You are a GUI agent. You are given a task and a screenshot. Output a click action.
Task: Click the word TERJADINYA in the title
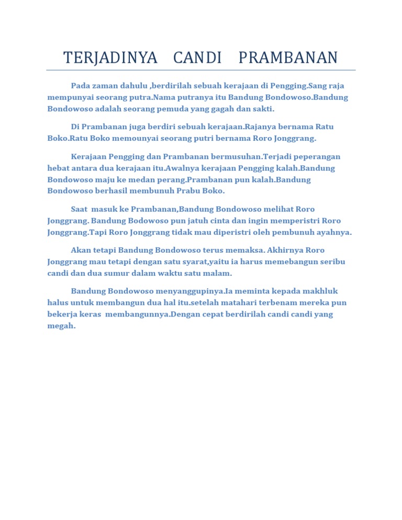point(110,58)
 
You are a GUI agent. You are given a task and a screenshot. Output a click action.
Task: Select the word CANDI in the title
point(198,58)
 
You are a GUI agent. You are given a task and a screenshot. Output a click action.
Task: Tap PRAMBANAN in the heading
point(288,58)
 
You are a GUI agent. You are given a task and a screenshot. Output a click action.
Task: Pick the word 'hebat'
point(58,168)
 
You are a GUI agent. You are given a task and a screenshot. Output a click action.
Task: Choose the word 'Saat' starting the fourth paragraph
point(79,209)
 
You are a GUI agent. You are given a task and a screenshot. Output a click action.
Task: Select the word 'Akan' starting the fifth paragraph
point(80,250)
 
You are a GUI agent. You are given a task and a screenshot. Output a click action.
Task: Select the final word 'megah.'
point(61,325)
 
